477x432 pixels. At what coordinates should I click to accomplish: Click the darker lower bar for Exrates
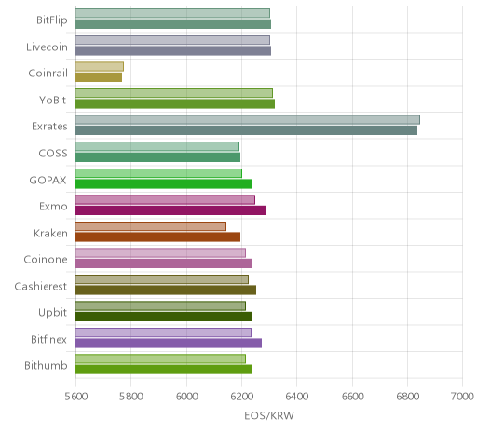pyautogui.click(x=246, y=130)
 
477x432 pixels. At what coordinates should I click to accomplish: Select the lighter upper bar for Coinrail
pyautogui.click(x=100, y=66)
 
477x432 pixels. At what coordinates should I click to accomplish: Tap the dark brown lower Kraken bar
pyautogui.click(x=157, y=236)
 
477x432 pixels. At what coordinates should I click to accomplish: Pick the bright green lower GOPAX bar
pyautogui.click(x=164, y=183)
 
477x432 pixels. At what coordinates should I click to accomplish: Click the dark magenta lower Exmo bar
pyautogui.click(x=170, y=210)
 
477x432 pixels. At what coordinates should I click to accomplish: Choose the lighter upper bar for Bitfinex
pyautogui.click(x=163, y=332)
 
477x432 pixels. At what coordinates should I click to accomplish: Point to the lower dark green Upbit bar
pyautogui.click(x=164, y=317)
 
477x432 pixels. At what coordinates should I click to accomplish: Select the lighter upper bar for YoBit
pyautogui.click(x=174, y=93)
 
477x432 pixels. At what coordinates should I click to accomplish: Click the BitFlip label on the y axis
pyautogui.click(x=52, y=20)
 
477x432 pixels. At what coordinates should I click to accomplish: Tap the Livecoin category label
pyautogui.click(x=47, y=47)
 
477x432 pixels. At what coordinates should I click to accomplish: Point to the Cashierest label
pyautogui.click(x=41, y=286)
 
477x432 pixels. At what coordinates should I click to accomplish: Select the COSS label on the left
pyautogui.click(x=53, y=154)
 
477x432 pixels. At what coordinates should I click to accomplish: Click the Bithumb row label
pyautogui.click(x=46, y=365)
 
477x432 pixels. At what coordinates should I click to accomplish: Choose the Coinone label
pyautogui.click(x=46, y=259)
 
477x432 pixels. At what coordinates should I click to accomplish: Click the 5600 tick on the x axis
pyautogui.click(x=76, y=397)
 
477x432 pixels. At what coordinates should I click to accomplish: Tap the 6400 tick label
pyautogui.click(x=296, y=397)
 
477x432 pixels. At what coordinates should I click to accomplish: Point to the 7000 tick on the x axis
pyautogui.click(x=462, y=397)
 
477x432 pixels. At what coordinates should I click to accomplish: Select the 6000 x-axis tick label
pyautogui.click(x=186, y=397)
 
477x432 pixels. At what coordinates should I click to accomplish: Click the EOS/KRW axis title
pyautogui.click(x=269, y=415)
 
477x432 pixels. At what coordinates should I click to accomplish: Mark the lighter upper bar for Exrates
pyautogui.click(x=248, y=119)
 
